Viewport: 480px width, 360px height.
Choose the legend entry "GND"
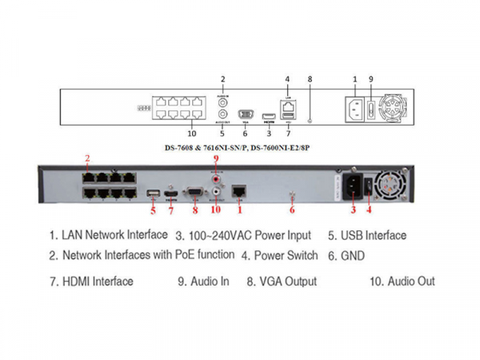point(351,256)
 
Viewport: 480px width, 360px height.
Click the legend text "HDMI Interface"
point(97,282)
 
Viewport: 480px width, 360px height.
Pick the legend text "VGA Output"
point(287,282)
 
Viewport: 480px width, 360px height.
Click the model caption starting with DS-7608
point(241,147)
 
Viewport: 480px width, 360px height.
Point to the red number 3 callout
point(352,210)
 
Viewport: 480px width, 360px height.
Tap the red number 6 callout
point(292,210)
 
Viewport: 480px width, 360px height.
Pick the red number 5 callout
point(153,211)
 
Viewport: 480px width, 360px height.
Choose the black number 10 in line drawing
point(191,134)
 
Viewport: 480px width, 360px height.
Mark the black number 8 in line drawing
point(310,80)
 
